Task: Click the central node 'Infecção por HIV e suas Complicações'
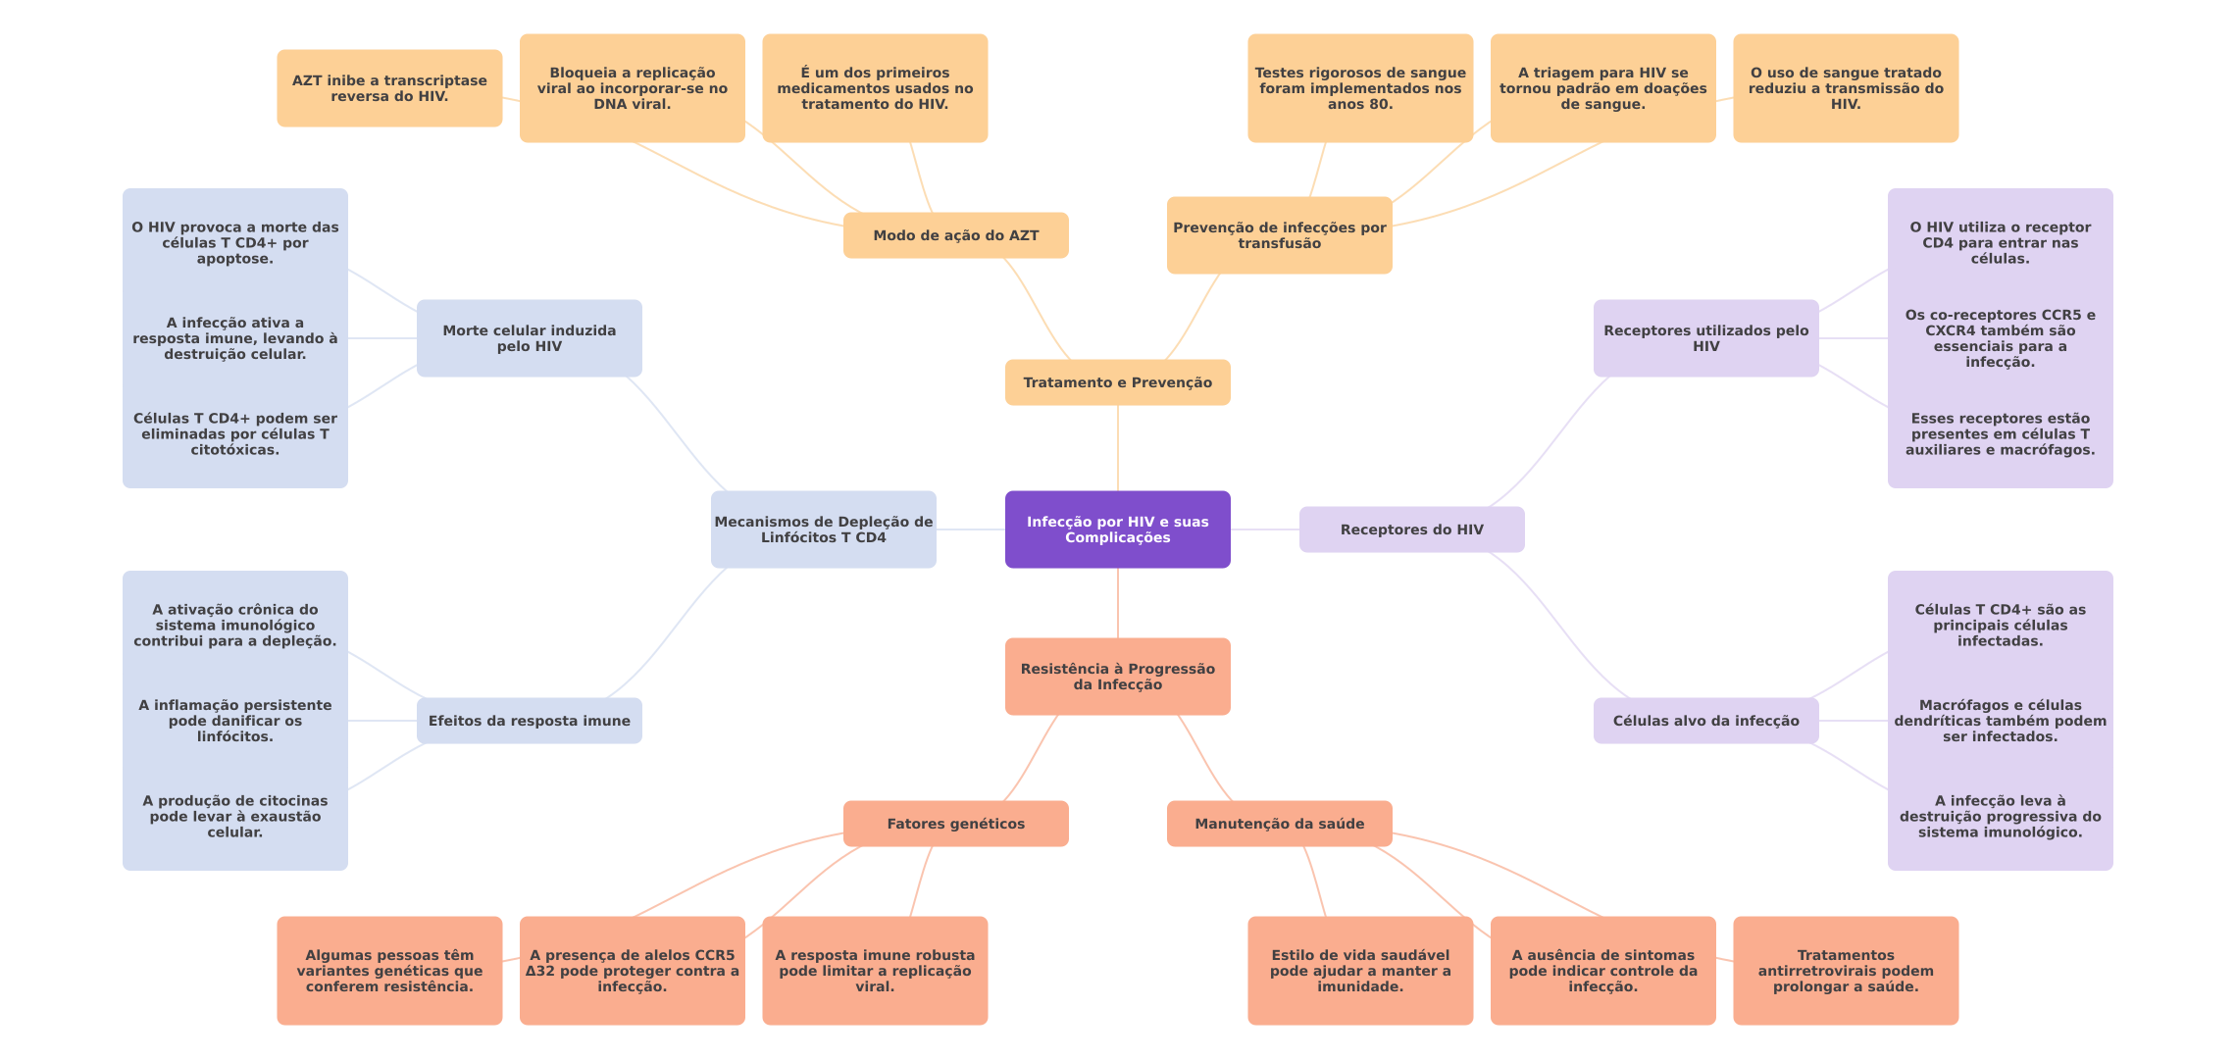click(x=1117, y=529)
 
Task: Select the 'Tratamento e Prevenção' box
click(x=1117, y=382)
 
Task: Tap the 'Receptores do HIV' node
click(x=1411, y=529)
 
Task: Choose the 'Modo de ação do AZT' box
click(x=955, y=235)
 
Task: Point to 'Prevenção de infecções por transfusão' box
click(x=1279, y=235)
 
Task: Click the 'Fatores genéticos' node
click(x=955, y=824)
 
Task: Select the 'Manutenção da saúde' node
click(x=1279, y=824)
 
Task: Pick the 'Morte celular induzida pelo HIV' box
click(x=529, y=338)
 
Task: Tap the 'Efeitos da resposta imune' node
click(x=529, y=721)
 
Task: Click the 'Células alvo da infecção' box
click(x=1705, y=721)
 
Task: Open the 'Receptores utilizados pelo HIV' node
click(x=1705, y=338)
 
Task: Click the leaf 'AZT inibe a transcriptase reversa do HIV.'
click(x=389, y=88)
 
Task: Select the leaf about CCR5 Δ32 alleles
click(x=632, y=971)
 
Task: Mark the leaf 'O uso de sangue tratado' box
click(x=1845, y=88)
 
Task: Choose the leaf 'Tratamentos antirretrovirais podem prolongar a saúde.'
click(x=1845, y=971)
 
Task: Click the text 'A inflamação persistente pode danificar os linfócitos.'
click(x=235, y=721)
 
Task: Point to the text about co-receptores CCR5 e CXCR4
click(x=2000, y=338)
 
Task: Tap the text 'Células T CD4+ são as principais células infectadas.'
click(x=2000, y=626)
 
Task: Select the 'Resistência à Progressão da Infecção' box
click(x=1117, y=677)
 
